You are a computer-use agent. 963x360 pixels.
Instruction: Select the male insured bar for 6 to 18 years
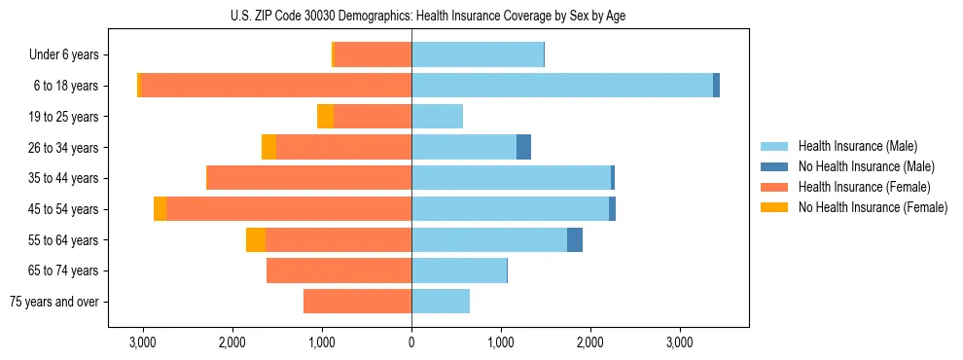pos(562,86)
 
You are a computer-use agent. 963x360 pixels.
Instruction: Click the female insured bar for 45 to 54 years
pos(289,209)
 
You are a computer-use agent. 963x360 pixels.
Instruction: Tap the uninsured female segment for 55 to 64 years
pos(256,240)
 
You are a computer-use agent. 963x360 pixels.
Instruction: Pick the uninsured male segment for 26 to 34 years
pos(523,148)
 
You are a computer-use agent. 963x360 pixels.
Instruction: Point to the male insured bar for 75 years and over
pos(441,302)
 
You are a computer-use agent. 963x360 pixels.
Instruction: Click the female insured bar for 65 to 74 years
pos(339,270)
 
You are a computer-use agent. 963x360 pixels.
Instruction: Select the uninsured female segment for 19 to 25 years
pos(325,117)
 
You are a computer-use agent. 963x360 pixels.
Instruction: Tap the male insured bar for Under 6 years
pos(478,55)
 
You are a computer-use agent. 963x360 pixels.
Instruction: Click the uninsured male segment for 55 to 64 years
pos(575,240)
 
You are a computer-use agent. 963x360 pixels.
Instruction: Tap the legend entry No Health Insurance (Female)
pos(873,207)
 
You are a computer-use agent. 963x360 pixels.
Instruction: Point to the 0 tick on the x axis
pos(411,343)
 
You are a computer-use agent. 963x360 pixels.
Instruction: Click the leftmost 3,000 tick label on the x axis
pos(143,343)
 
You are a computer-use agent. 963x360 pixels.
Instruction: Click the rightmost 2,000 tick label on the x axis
pos(590,343)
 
